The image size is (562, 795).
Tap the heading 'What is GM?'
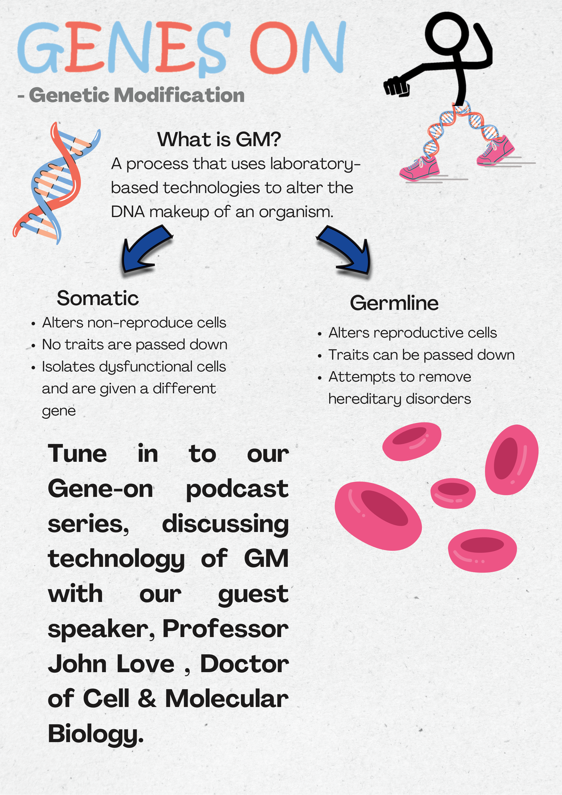(x=219, y=139)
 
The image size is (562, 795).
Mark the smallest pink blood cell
(x=453, y=493)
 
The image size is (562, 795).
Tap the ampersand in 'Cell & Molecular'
(x=147, y=699)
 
